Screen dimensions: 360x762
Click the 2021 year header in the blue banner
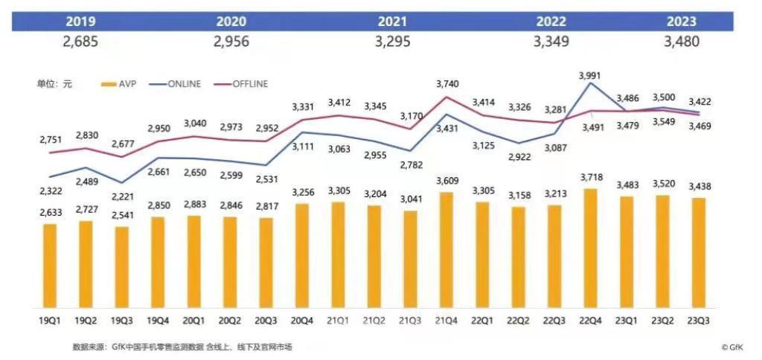(391, 22)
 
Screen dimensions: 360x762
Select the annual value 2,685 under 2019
(80, 42)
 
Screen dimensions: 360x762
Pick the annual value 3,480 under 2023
(681, 42)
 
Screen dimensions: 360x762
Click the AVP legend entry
(123, 84)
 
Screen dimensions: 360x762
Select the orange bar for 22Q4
(591, 248)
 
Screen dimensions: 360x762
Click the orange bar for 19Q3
(122, 268)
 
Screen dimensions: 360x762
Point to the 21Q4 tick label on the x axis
(446, 321)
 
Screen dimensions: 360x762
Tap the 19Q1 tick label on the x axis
(50, 321)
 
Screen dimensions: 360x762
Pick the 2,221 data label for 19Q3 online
(122, 196)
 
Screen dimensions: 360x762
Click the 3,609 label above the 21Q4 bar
(446, 181)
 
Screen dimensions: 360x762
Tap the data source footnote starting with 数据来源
(182, 347)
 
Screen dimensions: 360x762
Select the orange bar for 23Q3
(699, 253)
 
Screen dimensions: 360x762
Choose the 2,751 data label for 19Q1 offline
(51, 139)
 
